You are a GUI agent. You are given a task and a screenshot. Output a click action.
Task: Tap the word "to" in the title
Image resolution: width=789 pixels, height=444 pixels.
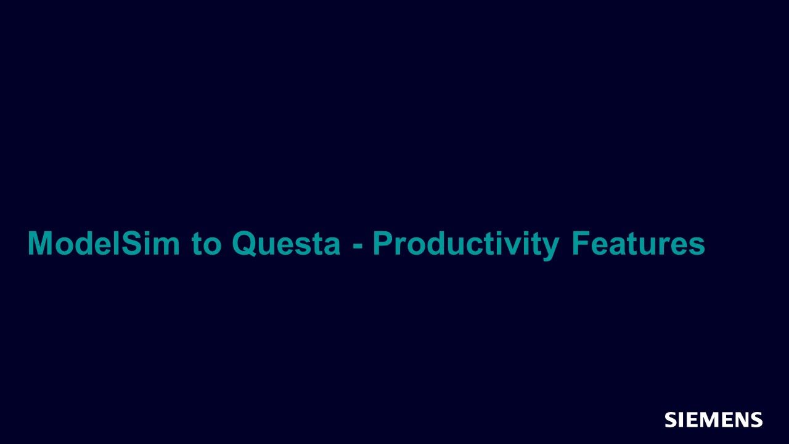206,244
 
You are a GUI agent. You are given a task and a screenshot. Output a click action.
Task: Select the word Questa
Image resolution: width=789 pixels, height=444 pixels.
286,244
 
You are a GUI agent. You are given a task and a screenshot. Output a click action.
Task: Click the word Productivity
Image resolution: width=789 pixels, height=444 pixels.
465,245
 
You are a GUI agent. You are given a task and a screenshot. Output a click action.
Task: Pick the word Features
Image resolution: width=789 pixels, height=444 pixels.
638,243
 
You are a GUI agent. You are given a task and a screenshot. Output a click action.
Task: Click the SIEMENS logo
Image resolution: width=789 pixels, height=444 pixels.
714,419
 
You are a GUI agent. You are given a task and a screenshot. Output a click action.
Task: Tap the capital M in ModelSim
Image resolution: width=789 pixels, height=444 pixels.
40,243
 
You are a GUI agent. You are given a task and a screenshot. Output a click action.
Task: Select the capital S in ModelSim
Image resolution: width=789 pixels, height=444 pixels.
131,243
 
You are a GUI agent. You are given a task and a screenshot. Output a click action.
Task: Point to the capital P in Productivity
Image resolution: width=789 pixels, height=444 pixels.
383,243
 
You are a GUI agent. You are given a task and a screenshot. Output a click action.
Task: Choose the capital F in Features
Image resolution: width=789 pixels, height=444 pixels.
581,243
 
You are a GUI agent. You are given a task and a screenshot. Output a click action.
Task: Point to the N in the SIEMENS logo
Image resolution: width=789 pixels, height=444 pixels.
738,419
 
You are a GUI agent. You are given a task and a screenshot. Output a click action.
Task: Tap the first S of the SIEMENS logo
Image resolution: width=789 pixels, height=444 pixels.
671,419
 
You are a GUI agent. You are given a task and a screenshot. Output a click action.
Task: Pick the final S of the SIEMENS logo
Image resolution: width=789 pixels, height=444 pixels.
756,419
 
